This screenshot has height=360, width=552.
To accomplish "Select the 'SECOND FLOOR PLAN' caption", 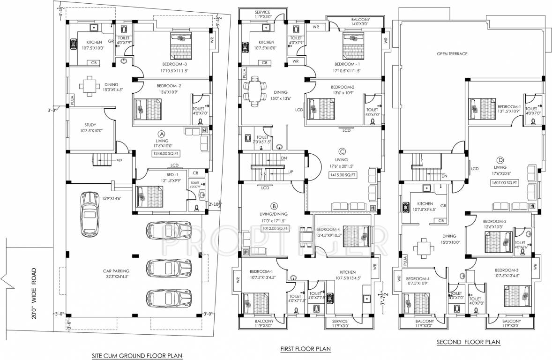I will point(468,343).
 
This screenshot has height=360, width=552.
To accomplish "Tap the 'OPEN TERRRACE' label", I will point(452,54).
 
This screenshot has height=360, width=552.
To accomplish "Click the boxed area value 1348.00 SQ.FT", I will point(167,153).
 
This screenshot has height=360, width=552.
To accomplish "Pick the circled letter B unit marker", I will point(274,206).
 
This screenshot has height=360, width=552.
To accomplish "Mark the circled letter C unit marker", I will point(343,151).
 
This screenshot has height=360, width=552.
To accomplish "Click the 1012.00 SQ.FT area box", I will point(275,228).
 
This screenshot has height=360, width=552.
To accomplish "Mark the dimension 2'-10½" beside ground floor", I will point(216,204).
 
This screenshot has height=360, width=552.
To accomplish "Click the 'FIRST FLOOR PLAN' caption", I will point(305,349).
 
